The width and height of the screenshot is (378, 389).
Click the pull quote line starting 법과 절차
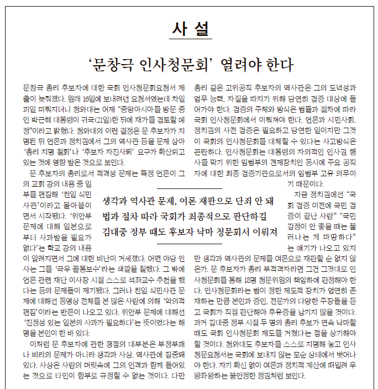[188, 216]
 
